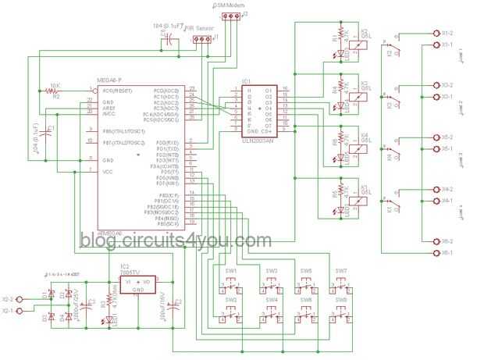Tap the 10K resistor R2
point(55,91)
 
